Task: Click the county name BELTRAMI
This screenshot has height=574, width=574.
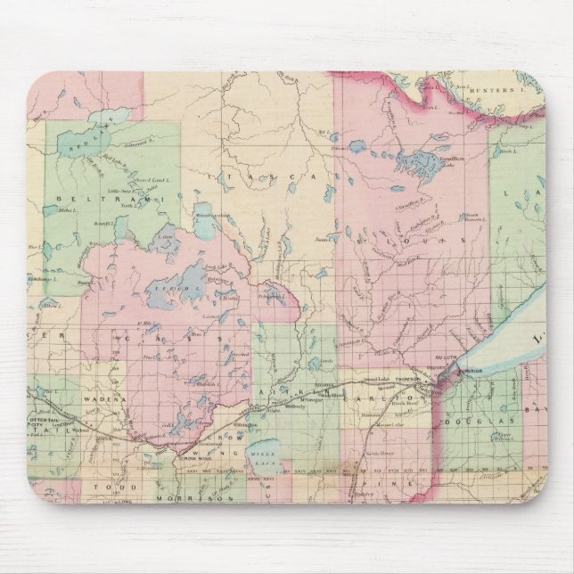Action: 85,196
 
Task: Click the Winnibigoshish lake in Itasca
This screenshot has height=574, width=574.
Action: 202,228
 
